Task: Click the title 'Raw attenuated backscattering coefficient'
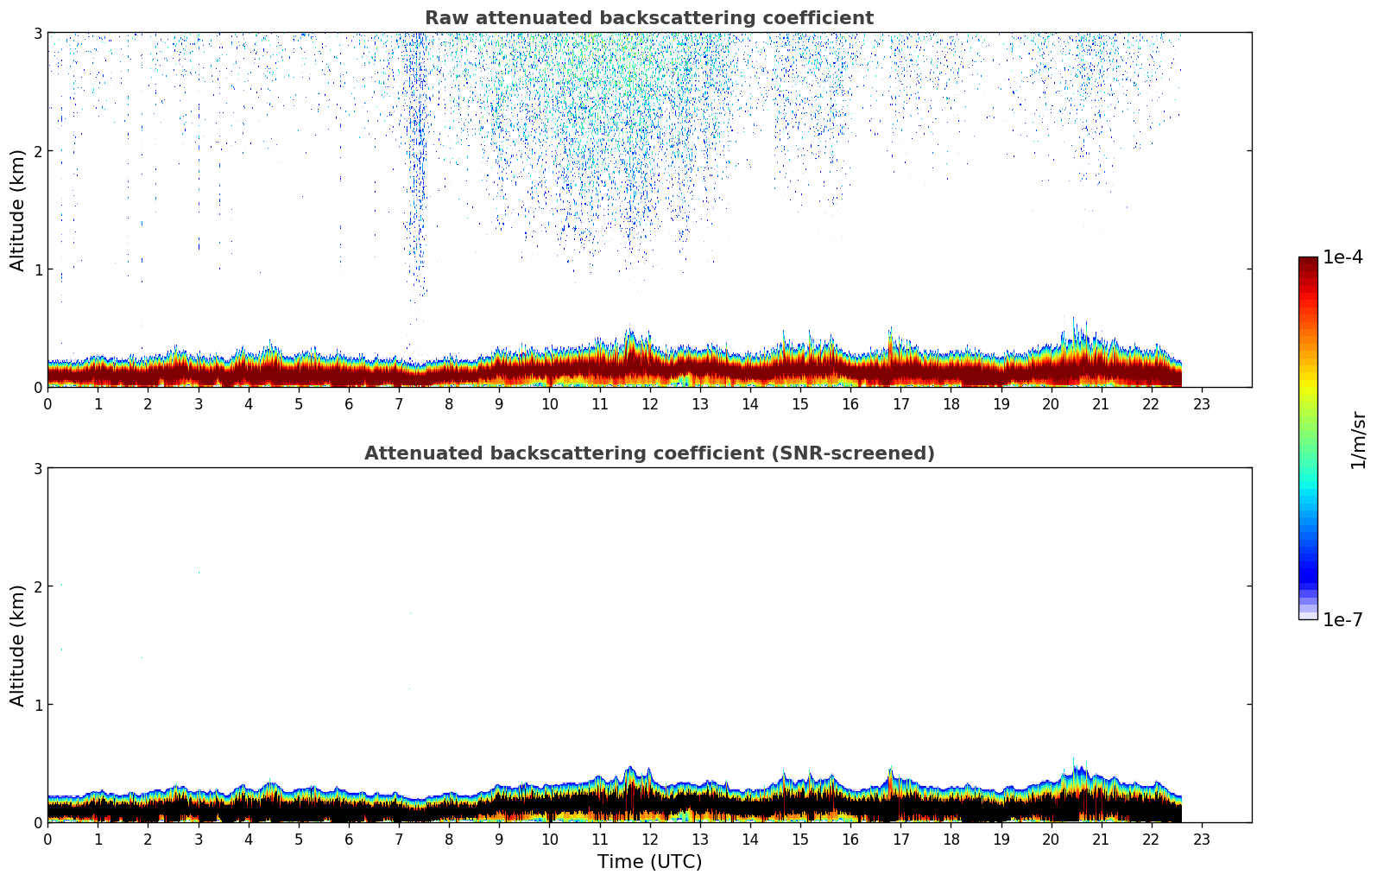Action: [648, 18]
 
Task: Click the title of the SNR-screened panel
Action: [648, 453]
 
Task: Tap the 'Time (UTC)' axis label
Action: [649, 861]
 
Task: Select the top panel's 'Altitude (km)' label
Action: [18, 210]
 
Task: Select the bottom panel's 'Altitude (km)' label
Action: [18, 645]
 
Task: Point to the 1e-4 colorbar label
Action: [1342, 257]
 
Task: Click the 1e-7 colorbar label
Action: [1342, 619]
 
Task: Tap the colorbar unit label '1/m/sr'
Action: [1358, 440]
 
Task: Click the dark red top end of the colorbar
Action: [1308, 262]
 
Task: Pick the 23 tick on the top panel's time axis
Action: [1202, 403]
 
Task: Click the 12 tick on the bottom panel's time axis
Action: [649, 839]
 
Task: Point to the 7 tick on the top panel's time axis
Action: [399, 403]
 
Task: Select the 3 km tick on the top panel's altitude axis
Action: [37, 33]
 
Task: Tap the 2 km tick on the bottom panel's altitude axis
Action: [37, 586]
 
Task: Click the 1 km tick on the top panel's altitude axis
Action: [37, 269]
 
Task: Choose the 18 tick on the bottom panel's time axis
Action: [951, 839]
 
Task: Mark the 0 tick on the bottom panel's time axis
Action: [47, 839]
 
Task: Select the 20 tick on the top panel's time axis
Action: [1051, 403]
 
